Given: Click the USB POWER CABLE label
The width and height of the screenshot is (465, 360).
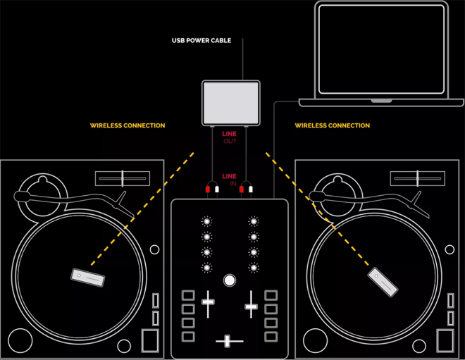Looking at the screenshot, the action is pos(201,40).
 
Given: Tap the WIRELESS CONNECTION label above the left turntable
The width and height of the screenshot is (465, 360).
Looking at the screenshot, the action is pos(128,125).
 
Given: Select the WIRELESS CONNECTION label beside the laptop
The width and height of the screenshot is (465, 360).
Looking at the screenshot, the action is pos(332,125).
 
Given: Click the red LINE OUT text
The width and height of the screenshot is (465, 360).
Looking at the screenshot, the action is pos(230,137).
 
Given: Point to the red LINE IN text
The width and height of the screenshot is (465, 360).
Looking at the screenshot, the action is pos(230,180).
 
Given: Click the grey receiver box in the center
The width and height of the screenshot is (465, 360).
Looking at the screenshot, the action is pos(231,103).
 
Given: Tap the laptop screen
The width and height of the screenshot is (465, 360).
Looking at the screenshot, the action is pos(381,49).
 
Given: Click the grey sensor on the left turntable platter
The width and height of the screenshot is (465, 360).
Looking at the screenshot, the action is pos(88,278).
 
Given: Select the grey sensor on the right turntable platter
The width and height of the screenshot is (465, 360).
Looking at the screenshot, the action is pos(383,282).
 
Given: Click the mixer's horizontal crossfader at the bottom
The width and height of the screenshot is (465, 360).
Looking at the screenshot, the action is pos(228,341).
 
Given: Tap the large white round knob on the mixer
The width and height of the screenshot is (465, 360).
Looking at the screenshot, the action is pos(230,280).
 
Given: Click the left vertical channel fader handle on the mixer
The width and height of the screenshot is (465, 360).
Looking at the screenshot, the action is pos(208,302).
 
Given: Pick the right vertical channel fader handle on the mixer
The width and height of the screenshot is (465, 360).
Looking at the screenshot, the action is pos(251,306).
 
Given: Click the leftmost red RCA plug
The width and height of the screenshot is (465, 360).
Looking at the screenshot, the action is pos(208,189).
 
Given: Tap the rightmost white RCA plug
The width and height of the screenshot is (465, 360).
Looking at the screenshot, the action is pos(251,189).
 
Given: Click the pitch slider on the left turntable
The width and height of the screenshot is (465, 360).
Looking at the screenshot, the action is pos(123,178).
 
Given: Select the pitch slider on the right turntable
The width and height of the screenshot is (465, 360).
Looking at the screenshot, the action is pos(418,178).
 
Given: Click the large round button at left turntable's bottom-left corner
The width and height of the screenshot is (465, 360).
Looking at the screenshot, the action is pos(20,341).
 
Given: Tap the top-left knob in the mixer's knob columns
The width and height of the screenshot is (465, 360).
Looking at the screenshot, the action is pos(206,221).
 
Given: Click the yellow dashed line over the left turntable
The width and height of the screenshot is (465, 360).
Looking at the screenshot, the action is pos(142,209).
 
